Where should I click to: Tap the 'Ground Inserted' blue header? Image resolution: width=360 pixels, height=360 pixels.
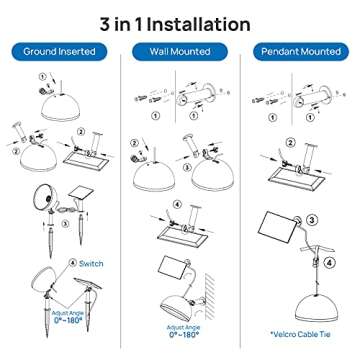click(60, 50)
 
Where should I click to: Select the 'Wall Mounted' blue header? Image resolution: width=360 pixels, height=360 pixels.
click(180, 50)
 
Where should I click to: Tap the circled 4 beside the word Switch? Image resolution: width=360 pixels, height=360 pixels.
click(71, 264)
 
